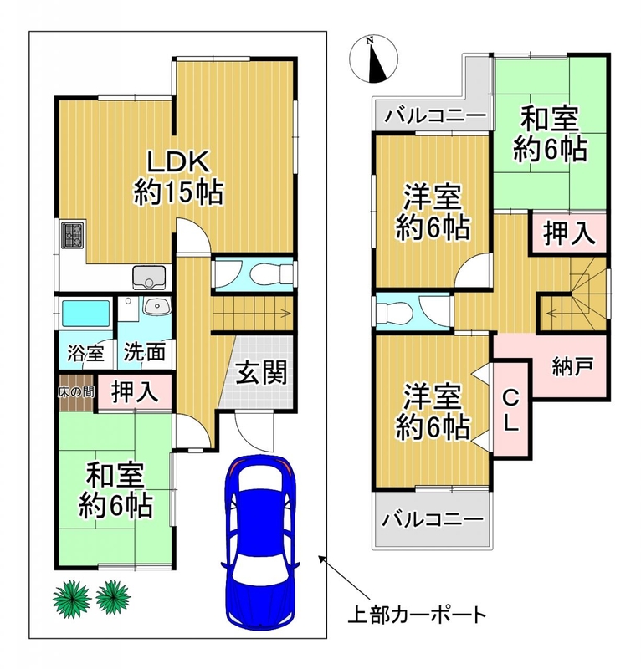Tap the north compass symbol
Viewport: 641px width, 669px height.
click(x=373, y=59)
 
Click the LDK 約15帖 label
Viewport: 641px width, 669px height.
click(x=178, y=177)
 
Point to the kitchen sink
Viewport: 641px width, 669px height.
click(x=149, y=277)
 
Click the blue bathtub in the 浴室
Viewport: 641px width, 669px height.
click(x=86, y=313)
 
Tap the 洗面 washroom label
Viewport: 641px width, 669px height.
click(x=144, y=352)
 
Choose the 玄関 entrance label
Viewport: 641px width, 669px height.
click(x=261, y=372)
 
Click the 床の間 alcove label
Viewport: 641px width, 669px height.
click(x=76, y=391)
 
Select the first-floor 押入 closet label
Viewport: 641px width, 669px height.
click(x=135, y=391)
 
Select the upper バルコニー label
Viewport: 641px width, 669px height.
click(x=436, y=115)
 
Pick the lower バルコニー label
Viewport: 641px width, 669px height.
click(x=433, y=519)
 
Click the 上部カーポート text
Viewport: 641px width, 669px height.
click(x=418, y=615)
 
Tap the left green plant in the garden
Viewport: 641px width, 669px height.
click(x=72, y=597)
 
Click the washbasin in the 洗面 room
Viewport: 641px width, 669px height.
click(x=156, y=306)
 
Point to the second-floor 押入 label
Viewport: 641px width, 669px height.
click(x=569, y=233)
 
